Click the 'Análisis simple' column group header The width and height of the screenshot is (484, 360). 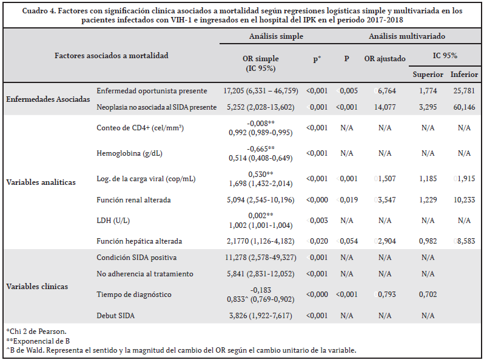coord(276,36)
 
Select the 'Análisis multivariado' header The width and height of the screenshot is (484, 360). coord(407,36)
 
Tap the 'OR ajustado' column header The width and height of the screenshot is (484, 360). coord(385,59)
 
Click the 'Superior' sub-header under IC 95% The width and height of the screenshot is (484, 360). coord(428,75)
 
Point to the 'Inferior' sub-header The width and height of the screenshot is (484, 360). coord(464,75)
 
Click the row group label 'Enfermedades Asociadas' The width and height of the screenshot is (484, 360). coord(48,99)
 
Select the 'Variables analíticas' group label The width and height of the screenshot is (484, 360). coord(41,182)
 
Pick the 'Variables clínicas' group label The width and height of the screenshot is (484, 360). coord(37,286)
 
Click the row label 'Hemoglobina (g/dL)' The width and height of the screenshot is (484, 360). coord(129,153)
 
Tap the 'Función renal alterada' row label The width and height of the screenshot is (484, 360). coord(133,200)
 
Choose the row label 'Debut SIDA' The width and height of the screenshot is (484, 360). coord(115,316)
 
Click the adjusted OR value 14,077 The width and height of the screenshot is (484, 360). coord(385,107)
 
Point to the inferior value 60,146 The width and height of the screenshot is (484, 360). coord(464,107)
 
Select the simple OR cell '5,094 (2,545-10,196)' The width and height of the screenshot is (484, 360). coord(261,200)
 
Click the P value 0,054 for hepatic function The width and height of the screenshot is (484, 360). coord(349,241)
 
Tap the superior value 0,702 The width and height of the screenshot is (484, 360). coord(428,295)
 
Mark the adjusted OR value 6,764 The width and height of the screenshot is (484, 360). coord(387,91)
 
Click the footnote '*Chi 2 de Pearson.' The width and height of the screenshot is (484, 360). coord(36,332)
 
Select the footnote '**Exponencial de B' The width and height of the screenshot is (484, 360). coord(38,341)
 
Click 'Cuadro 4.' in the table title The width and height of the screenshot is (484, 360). coord(39,11)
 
